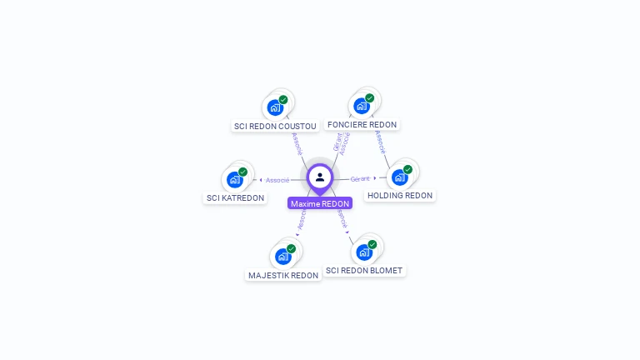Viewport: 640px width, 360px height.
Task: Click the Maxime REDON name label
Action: tap(320, 203)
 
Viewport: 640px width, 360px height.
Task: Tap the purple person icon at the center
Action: tap(320, 177)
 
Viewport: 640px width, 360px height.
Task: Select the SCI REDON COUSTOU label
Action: tap(275, 126)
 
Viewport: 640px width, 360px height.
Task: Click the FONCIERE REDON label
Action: tap(362, 124)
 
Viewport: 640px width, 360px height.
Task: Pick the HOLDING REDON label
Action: tap(400, 195)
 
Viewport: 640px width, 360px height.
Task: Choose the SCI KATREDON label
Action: tap(235, 197)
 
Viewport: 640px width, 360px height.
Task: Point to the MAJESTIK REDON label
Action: tap(283, 275)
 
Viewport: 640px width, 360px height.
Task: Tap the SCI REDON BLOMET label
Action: tap(364, 270)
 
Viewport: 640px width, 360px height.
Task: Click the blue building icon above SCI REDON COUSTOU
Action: tap(275, 107)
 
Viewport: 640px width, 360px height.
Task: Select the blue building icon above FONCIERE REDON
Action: tap(361, 106)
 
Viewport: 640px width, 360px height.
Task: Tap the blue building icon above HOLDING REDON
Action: tap(399, 177)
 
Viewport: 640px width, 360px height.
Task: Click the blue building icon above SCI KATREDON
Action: tap(235, 179)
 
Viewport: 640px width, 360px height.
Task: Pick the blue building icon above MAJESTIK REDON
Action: tap(282, 256)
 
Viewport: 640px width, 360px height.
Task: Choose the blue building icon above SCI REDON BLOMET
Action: tap(363, 252)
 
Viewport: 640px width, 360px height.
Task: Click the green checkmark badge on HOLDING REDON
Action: tap(407, 169)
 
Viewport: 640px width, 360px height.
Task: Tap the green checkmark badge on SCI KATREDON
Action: tap(243, 172)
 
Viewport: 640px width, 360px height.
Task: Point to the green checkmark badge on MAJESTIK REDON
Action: tap(291, 248)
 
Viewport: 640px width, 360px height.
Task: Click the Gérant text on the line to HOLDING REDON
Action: tap(360, 178)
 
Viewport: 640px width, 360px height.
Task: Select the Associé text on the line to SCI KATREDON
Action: tap(277, 180)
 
